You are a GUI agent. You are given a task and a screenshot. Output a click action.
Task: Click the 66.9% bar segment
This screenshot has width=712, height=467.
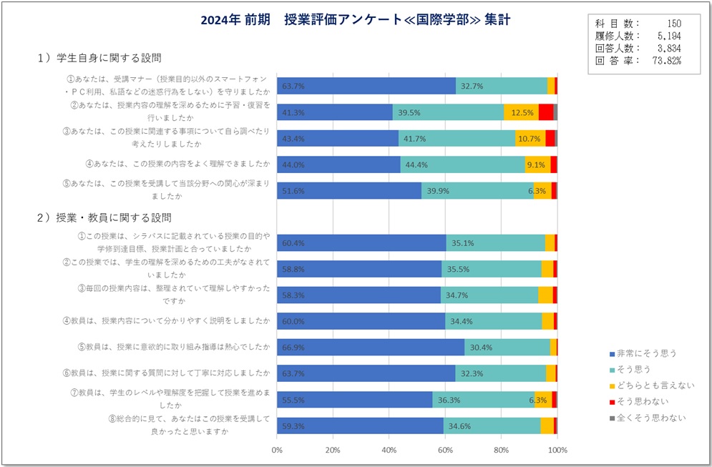click(370, 347)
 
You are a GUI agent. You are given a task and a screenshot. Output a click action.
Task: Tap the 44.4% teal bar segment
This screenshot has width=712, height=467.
click(462, 164)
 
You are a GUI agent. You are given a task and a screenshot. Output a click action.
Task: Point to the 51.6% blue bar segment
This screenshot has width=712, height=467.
click(348, 191)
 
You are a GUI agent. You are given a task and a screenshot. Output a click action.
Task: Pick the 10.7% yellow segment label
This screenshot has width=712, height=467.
click(529, 138)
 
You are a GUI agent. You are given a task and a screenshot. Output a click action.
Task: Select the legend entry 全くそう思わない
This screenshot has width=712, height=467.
click(650, 418)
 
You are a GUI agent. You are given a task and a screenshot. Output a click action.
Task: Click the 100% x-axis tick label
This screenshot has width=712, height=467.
click(557, 451)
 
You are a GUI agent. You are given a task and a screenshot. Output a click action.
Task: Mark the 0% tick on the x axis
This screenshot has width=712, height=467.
click(277, 451)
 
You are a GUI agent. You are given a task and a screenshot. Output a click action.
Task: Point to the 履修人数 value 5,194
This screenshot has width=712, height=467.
click(668, 36)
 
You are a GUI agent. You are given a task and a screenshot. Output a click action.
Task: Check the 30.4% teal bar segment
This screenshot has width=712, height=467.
click(507, 347)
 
